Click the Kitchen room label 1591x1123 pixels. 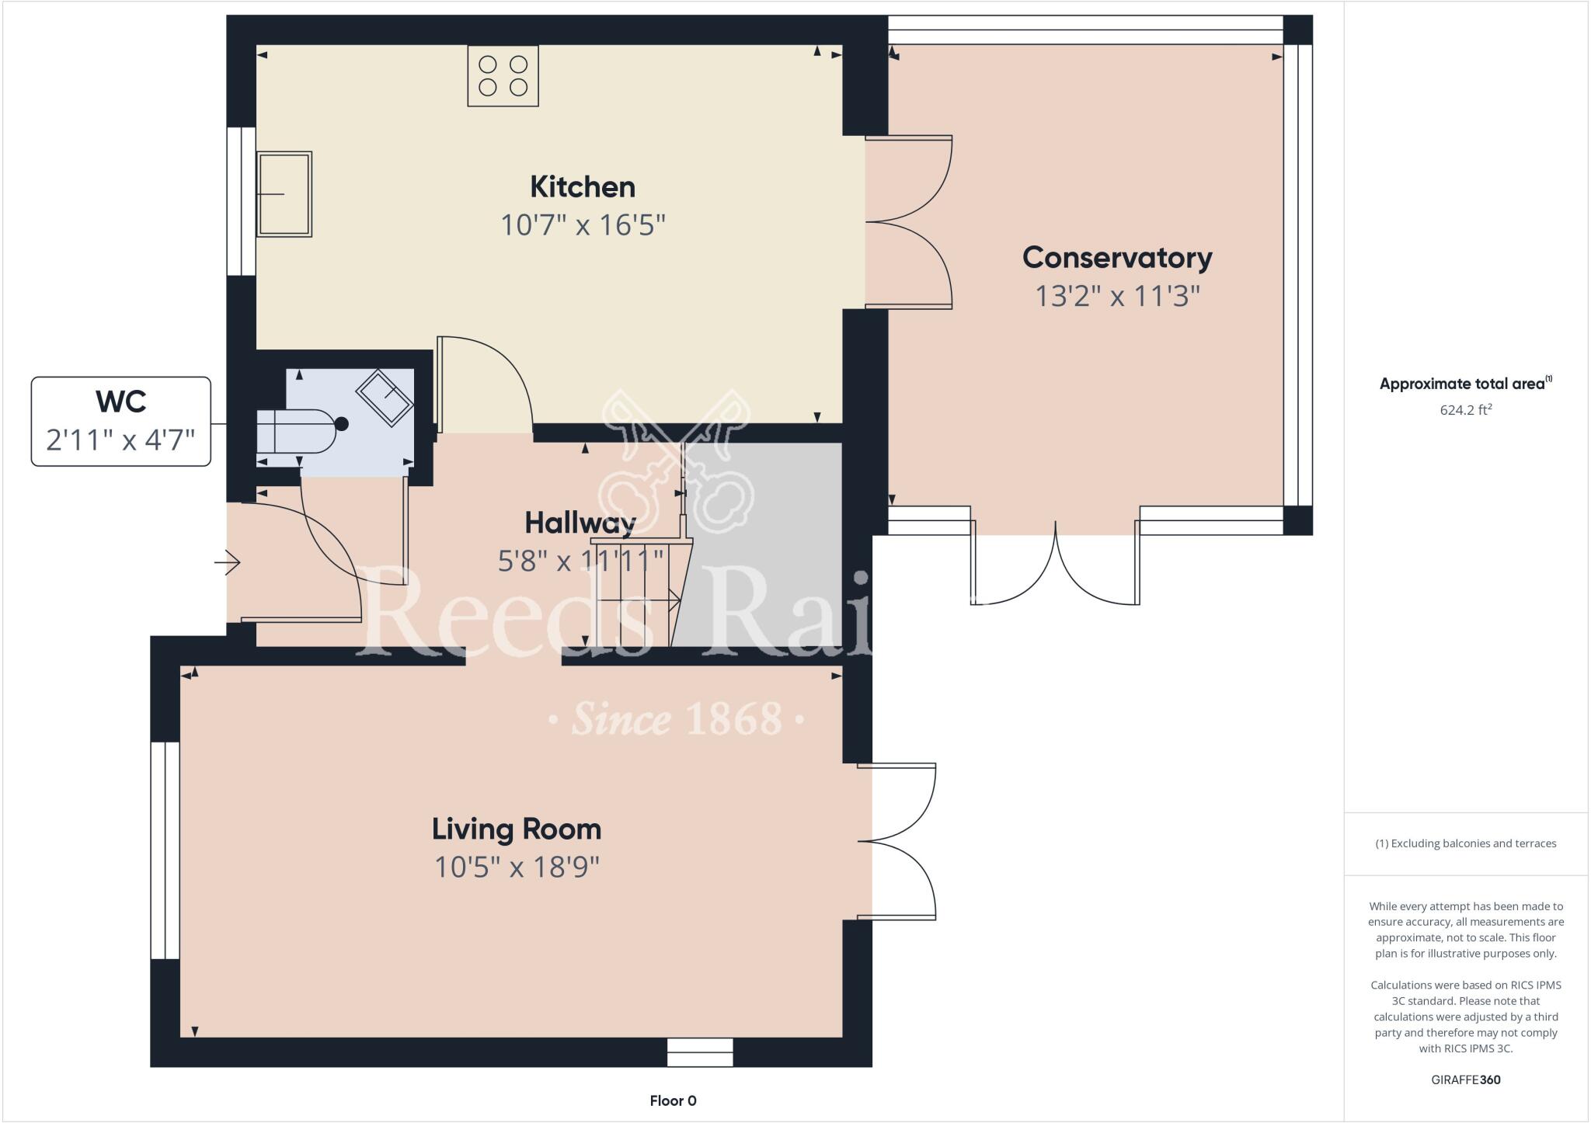click(583, 187)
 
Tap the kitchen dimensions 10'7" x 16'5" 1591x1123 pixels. click(583, 225)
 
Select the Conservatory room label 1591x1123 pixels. click(1117, 258)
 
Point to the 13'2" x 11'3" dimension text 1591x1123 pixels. click(1117, 296)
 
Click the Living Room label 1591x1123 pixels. click(517, 829)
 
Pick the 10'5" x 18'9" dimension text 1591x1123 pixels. click(517, 867)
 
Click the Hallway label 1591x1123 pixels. click(580, 523)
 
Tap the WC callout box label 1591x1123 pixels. click(121, 402)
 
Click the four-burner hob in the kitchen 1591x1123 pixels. click(503, 76)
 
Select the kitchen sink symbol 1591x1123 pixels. click(284, 194)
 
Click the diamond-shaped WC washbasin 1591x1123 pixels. click(384, 398)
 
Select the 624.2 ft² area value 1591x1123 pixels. click(1465, 410)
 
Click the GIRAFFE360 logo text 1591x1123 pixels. click(1465, 1080)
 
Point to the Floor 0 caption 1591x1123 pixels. click(673, 1100)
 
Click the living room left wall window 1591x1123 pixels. click(165, 850)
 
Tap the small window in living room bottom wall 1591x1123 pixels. click(700, 1052)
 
